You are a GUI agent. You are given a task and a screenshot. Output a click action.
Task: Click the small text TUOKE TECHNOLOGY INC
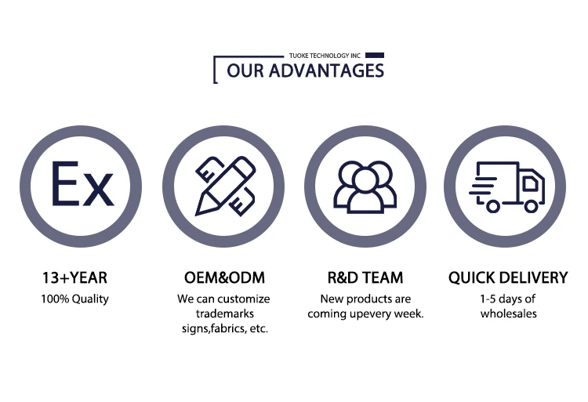click(325, 56)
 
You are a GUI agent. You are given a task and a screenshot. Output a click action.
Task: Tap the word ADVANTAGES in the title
click(326, 71)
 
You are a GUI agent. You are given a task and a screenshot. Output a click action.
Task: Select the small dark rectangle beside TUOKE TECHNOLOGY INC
click(375, 56)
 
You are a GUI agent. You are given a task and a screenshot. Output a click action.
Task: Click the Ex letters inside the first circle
click(82, 183)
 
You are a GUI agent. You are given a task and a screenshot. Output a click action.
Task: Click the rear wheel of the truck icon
click(493, 206)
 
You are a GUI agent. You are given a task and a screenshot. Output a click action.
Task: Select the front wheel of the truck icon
click(531, 206)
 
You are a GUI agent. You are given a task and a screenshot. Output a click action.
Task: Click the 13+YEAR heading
click(74, 277)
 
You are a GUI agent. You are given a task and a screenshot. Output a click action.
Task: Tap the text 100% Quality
click(74, 299)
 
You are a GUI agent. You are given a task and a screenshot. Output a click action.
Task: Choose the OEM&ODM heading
click(224, 277)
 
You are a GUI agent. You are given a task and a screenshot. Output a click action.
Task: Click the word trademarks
click(225, 313)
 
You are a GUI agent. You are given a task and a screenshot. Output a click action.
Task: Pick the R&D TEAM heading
click(365, 277)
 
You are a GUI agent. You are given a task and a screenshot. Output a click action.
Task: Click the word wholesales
click(509, 313)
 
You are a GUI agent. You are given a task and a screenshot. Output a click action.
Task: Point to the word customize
click(243, 299)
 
